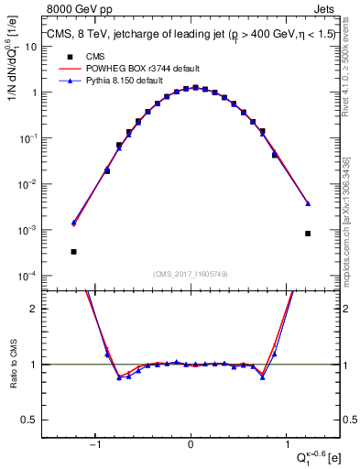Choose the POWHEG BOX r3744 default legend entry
tap(121, 69)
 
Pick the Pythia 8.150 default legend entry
tap(116, 81)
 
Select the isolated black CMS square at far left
tap(73, 251)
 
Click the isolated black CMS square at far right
tap(308, 234)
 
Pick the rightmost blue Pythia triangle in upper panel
tap(308, 203)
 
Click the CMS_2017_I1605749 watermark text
tap(191, 274)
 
